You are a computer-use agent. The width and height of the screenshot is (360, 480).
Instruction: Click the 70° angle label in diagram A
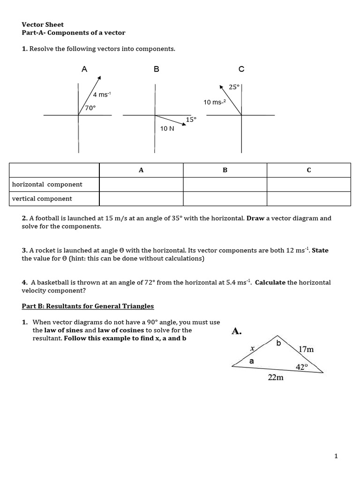pos(90,107)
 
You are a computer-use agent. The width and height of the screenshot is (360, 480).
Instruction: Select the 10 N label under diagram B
pos(167,128)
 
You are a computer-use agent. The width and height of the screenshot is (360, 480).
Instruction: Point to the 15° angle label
pos(191,120)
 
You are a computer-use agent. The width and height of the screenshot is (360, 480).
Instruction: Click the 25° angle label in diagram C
pos(234,87)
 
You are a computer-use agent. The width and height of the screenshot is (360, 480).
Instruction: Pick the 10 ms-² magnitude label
pos(215,102)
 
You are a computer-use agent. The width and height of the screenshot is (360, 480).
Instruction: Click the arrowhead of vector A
pos(100,78)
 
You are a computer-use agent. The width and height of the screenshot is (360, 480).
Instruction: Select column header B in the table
pos(225,170)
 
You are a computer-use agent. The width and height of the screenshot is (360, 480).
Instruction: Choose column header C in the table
pos(308,170)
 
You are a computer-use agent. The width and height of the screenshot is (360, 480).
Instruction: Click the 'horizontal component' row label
pos(47,184)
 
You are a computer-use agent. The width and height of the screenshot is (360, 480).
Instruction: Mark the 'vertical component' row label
pos(42,198)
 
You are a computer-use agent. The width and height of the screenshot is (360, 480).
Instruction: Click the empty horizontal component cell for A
pos(141,184)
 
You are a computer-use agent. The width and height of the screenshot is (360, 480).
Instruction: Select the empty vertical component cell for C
pos(308,198)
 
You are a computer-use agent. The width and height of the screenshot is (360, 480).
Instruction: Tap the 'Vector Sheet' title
pos(43,24)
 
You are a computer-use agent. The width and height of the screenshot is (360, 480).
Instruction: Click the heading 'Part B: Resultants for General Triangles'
pos(88,306)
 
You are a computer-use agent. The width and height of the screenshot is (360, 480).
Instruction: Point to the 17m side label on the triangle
pos(306,349)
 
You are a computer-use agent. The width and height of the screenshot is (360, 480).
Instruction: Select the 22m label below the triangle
pos(276,378)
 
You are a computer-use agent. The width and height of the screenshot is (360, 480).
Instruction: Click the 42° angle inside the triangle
pos(301,367)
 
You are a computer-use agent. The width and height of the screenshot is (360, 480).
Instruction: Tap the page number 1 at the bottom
pos(336,456)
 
